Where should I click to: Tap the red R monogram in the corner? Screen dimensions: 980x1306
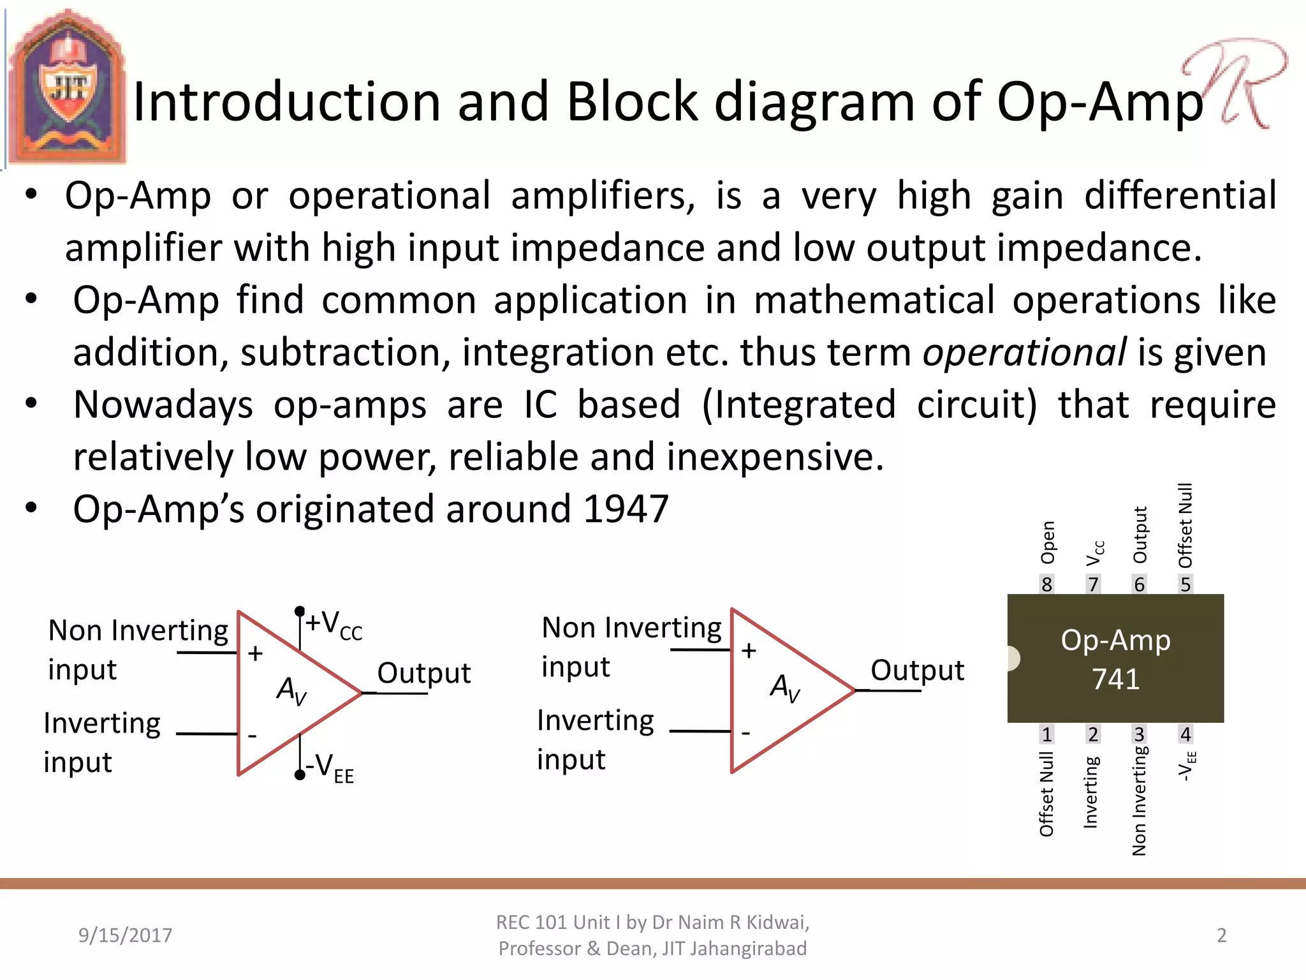point(1234,83)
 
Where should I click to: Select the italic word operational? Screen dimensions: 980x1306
point(1025,352)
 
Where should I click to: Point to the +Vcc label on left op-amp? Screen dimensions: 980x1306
point(334,624)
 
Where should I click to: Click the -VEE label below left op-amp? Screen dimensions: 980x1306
point(329,768)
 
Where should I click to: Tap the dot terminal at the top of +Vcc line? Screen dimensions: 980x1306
point(300,611)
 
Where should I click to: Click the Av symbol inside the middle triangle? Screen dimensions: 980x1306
point(785,688)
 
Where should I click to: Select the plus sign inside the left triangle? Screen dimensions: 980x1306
point(255,653)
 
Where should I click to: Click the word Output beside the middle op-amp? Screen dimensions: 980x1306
point(917,670)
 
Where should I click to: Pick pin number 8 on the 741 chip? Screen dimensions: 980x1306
point(1046,584)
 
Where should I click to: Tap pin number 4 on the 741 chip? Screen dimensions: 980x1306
point(1185,734)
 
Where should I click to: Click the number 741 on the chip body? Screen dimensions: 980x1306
point(1115,679)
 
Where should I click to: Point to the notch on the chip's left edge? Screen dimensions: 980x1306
point(1013,658)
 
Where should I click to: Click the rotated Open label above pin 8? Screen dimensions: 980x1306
point(1047,543)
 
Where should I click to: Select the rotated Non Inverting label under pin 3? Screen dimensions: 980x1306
point(1139,801)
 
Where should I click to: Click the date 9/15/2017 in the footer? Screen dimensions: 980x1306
point(125,935)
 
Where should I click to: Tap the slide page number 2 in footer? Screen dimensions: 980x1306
point(1221,935)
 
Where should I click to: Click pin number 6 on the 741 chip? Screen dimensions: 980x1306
point(1139,584)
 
